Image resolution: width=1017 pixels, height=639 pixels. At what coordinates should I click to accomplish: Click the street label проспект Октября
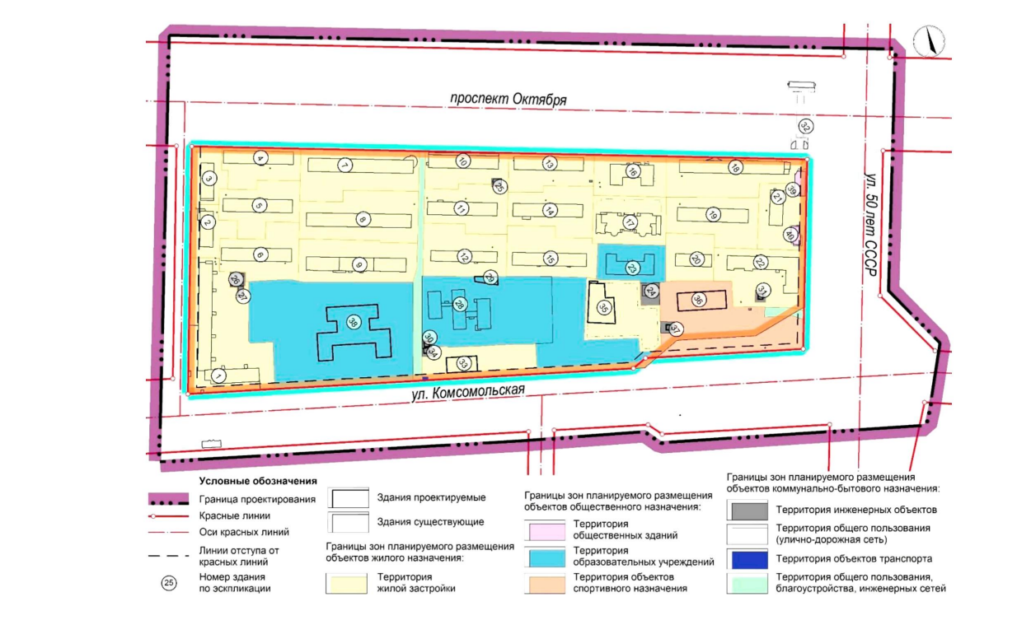[508, 100]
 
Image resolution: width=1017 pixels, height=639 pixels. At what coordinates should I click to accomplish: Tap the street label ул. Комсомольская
[468, 392]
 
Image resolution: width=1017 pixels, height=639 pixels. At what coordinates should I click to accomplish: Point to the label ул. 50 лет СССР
[871, 224]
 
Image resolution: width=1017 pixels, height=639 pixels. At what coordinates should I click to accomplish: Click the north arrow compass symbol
[930, 41]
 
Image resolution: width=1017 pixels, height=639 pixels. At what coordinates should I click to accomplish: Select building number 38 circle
[353, 323]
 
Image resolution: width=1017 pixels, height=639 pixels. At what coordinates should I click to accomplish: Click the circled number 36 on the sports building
[698, 299]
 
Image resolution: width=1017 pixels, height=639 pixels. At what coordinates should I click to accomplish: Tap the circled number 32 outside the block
[805, 127]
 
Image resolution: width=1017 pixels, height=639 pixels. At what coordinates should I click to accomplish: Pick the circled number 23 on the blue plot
[632, 268]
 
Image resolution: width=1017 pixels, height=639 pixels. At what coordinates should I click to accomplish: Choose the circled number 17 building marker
[630, 222]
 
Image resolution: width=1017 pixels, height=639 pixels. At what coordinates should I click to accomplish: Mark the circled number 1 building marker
[219, 376]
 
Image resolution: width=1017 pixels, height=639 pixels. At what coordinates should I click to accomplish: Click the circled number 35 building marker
[603, 308]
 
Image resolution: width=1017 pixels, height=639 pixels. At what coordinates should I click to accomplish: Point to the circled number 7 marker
[345, 166]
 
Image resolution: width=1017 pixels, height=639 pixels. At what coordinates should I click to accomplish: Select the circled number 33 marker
[463, 363]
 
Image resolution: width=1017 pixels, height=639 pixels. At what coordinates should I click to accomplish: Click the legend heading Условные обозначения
[258, 481]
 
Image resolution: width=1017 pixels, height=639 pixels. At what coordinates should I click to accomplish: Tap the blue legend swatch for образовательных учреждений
[547, 557]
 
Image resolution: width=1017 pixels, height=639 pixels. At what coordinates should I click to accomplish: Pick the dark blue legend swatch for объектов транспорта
[750, 560]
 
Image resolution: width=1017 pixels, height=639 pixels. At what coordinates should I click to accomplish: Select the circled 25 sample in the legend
[169, 583]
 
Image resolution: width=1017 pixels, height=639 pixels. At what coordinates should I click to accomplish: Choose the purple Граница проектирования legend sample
[168, 499]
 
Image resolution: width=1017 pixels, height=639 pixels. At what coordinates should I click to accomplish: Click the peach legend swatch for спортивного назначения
[547, 584]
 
